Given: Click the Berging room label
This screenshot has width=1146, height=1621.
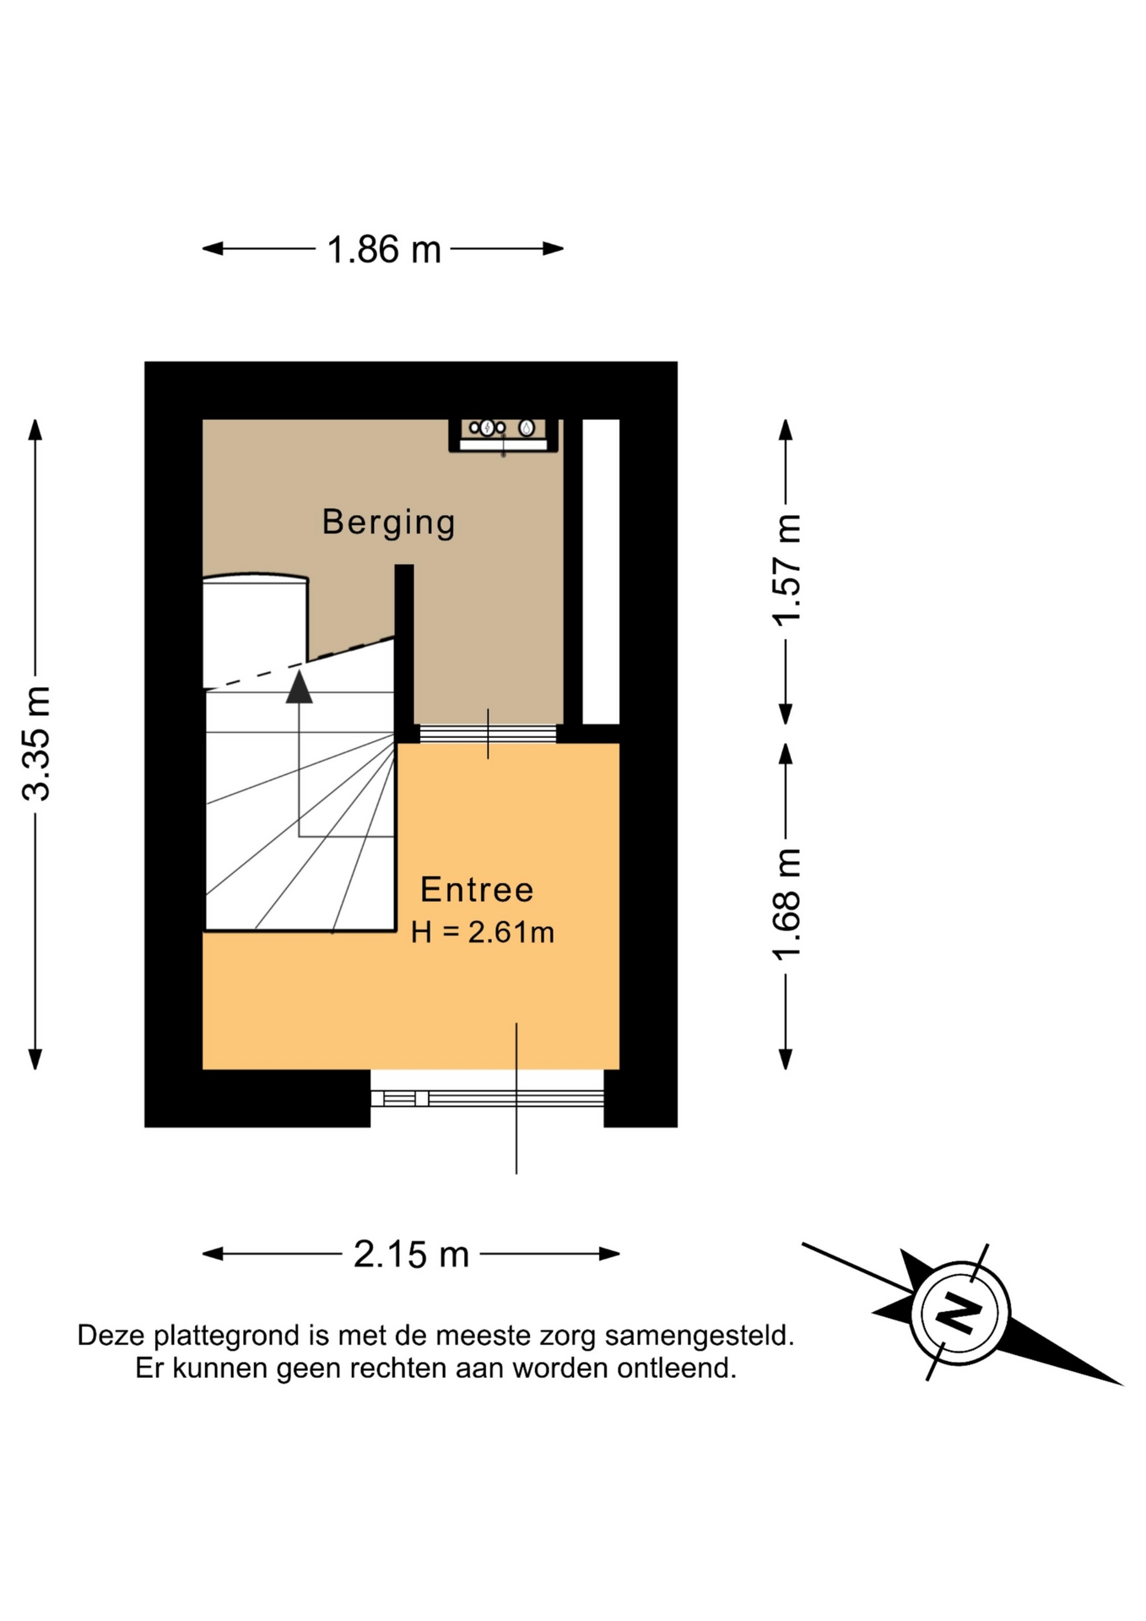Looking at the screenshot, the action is (x=388, y=523).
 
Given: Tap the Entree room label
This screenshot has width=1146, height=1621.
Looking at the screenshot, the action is (x=477, y=890).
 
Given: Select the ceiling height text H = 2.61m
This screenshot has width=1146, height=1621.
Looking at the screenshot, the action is (x=483, y=933).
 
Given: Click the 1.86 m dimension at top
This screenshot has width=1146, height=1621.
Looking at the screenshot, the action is (x=384, y=250).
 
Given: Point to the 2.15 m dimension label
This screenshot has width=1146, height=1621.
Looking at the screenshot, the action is (x=411, y=1255).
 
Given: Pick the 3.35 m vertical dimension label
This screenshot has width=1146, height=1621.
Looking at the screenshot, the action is (x=37, y=744).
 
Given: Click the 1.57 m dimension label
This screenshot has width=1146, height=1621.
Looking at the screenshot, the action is (x=787, y=570).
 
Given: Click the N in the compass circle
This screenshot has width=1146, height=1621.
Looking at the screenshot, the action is (x=959, y=1313).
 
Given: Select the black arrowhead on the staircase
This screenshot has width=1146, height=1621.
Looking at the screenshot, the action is (x=299, y=686).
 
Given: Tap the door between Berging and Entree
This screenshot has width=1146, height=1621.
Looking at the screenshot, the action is (x=488, y=734).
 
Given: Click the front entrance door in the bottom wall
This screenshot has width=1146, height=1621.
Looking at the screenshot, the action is (x=487, y=1098).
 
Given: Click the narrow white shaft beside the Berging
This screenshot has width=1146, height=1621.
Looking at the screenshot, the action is (x=601, y=572).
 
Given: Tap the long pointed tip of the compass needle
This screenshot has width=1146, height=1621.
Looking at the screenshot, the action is (x=1121, y=1385).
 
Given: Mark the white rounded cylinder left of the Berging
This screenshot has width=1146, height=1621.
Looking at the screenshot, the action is (x=255, y=629).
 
